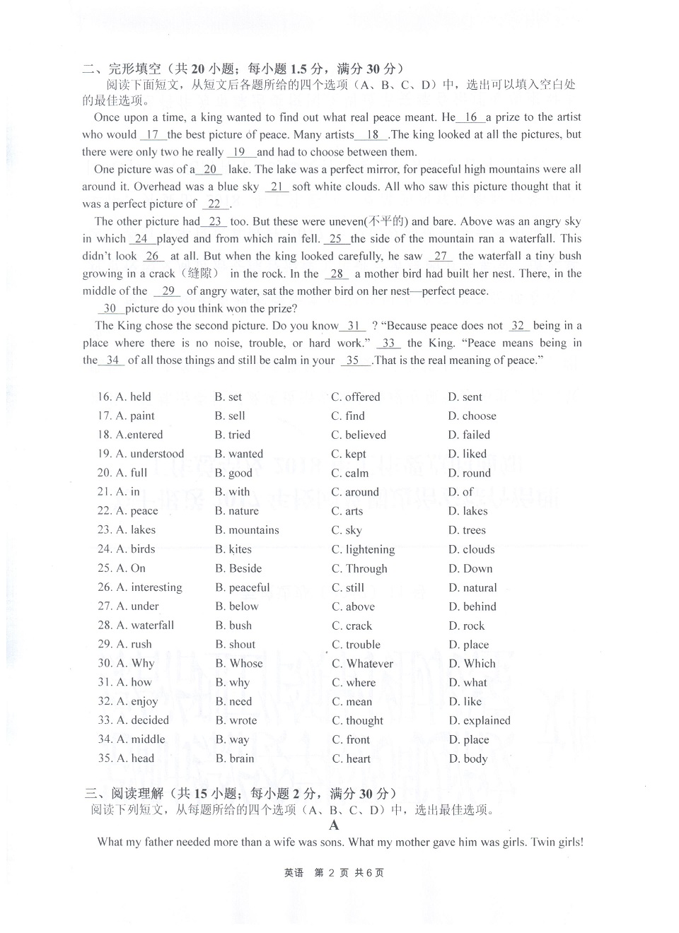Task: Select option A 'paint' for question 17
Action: point(135,416)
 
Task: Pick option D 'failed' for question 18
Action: point(469,435)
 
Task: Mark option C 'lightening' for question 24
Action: point(363,550)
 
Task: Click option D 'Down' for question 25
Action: point(470,569)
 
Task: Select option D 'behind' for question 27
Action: point(472,606)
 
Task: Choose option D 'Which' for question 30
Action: point(472,664)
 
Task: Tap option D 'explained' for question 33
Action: point(479,721)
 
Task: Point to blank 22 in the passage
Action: point(215,204)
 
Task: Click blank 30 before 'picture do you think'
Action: point(110,308)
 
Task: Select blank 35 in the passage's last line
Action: point(353,360)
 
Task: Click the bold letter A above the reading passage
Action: point(334,825)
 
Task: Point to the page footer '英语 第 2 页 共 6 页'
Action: point(334,873)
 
